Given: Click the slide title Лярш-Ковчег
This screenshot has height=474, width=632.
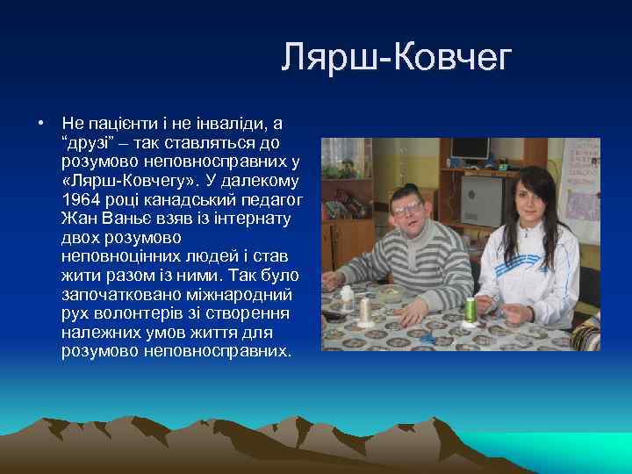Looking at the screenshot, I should [x=396, y=59].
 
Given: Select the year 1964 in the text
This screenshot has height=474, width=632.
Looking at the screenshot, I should [x=80, y=199].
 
